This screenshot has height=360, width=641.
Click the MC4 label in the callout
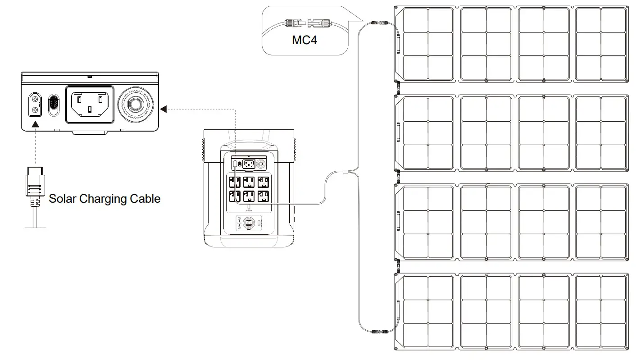point(304,40)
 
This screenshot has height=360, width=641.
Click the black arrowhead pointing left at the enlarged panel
point(164,109)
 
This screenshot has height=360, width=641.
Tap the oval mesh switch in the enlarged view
point(54,105)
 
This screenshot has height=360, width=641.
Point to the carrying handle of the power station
point(249,137)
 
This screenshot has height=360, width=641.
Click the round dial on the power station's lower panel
point(249,223)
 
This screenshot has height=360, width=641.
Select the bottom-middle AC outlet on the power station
point(249,196)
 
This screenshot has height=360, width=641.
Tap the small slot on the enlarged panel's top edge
point(90,77)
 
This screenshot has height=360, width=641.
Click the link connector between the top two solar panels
point(397,88)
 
